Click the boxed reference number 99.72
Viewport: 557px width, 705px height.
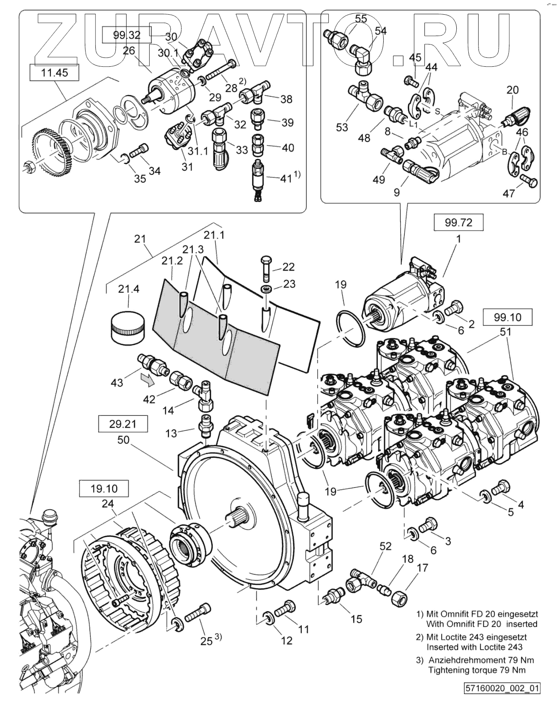(458, 222)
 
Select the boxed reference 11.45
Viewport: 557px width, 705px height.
(54, 73)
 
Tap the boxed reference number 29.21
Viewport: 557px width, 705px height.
(123, 424)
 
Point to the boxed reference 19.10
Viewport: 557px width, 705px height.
(104, 489)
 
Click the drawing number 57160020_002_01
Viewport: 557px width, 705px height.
(502, 688)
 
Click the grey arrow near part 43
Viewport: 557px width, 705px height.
(147, 379)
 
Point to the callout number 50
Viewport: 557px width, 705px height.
(123, 440)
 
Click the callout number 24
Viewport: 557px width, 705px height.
(108, 504)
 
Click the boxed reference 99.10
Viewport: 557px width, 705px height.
(507, 317)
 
